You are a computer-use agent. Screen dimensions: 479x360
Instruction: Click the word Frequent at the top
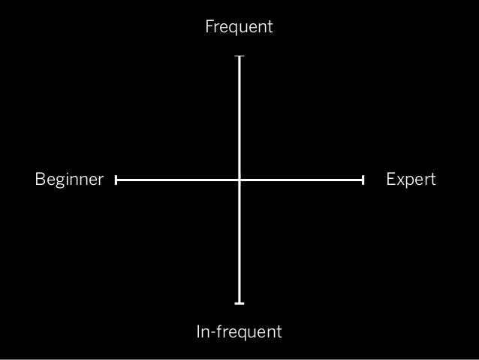(239, 28)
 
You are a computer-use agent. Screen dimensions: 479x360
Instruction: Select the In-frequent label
(239, 331)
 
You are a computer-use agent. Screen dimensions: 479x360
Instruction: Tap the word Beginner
(69, 180)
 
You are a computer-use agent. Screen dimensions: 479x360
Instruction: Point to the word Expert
(411, 180)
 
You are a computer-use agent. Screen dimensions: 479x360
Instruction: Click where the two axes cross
(239, 180)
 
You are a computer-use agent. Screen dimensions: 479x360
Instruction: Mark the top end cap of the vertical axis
(239, 56)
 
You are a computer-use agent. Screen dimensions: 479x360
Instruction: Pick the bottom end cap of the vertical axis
(239, 303)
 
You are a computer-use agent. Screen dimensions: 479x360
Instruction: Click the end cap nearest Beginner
(117, 180)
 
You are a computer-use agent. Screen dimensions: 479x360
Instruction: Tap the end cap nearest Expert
(363, 180)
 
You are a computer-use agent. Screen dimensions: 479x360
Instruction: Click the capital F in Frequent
(209, 28)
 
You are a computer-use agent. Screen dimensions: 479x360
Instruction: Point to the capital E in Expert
(390, 180)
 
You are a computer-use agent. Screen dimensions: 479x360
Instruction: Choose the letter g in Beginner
(59, 182)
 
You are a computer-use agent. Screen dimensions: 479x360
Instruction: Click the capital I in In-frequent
(199, 331)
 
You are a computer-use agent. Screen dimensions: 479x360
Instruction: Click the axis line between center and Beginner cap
(178, 180)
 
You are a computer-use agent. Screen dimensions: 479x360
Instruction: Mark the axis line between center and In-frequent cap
(239, 242)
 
